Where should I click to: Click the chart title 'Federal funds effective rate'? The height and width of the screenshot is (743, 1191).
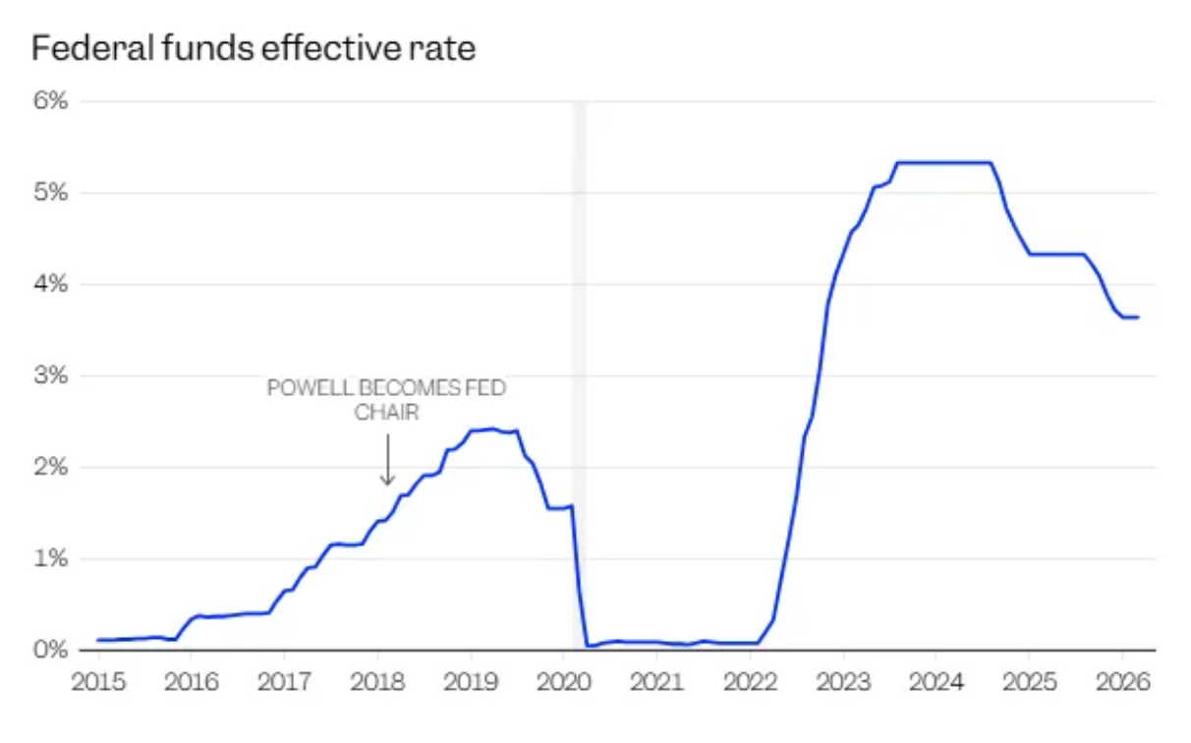(x=254, y=47)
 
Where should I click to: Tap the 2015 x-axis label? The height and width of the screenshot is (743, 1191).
(x=97, y=680)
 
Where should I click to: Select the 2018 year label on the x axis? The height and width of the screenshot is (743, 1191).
(x=377, y=680)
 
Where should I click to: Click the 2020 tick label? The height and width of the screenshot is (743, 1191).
(x=564, y=680)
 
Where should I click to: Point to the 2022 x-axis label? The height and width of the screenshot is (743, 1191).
(x=750, y=680)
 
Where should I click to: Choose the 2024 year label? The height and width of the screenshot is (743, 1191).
(x=936, y=680)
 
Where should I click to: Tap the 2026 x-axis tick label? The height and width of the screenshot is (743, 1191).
(x=1123, y=680)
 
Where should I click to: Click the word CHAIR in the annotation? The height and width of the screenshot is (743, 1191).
(x=386, y=412)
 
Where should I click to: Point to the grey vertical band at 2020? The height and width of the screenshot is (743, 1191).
(x=579, y=295)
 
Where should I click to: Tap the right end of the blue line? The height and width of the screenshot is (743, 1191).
(x=1137, y=316)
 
